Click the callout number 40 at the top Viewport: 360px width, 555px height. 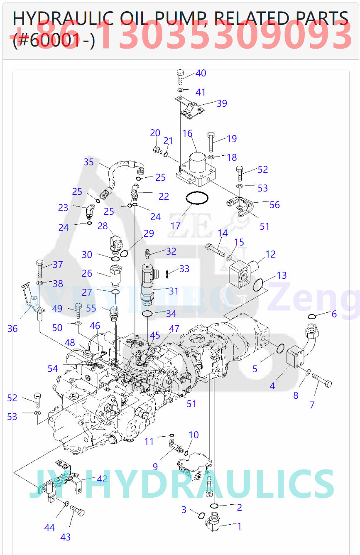201,74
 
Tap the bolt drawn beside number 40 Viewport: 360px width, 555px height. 180,77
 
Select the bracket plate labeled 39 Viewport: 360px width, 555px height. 190,107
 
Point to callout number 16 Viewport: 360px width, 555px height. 187,133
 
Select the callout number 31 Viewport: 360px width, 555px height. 174,291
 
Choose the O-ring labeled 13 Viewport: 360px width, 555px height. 258,285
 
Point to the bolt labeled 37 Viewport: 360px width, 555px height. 40,268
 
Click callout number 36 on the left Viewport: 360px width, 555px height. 12,329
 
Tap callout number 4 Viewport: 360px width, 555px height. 272,386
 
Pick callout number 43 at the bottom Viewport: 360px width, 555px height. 66,537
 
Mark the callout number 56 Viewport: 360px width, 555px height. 274,205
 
